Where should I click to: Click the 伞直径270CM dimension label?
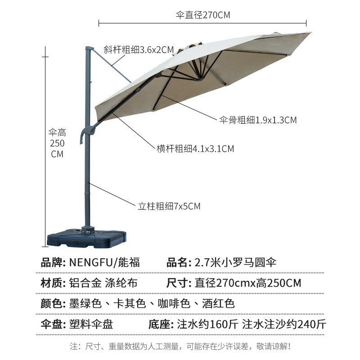tap(203, 15)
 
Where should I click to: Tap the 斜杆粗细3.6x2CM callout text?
tap(139, 50)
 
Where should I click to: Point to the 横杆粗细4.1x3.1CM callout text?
tap(195, 148)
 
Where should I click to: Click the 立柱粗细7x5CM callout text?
tap(169, 206)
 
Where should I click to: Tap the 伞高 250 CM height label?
tap(57, 143)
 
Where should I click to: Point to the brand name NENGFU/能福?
tap(104, 262)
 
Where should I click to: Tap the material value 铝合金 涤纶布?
tap(103, 283)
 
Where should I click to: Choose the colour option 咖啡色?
tap(174, 303)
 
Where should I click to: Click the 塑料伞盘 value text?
tap(91, 324)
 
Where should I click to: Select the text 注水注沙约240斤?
tap(284, 324)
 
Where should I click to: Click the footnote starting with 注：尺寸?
tap(180, 346)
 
